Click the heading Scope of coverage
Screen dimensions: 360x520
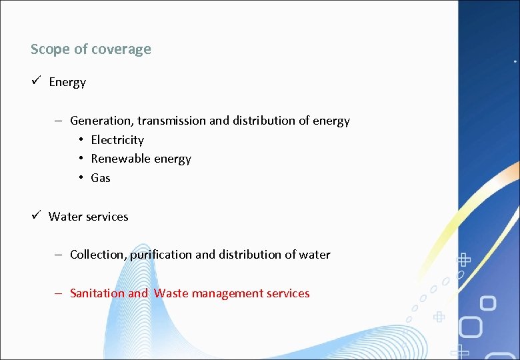tap(91, 49)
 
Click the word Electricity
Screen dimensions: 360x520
tap(117, 140)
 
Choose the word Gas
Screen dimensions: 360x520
tap(101, 178)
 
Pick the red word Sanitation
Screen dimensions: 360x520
tap(97, 293)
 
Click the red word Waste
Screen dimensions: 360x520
tap(171, 293)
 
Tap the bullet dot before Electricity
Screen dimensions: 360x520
tap(80, 140)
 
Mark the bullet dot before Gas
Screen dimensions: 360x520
tap(80, 178)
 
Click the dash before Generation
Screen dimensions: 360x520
tap(59, 121)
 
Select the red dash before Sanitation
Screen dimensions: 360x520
tap(59, 293)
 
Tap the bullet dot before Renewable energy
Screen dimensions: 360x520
tap(80, 159)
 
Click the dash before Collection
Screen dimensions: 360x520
tap(59, 255)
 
